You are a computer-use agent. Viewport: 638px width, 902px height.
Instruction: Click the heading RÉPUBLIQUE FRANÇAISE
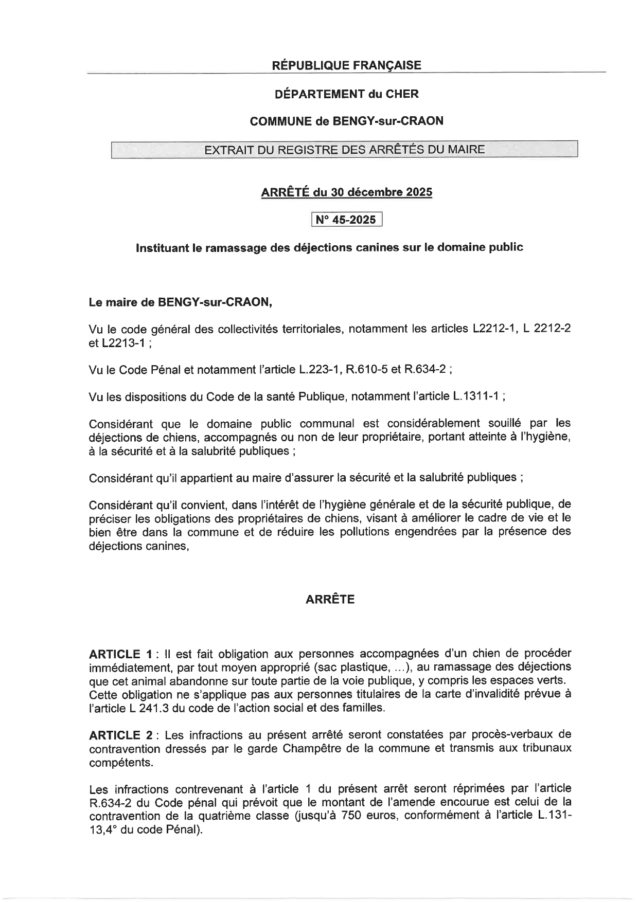click(x=346, y=65)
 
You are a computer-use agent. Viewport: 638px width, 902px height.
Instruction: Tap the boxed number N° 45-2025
click(x=346, y=220)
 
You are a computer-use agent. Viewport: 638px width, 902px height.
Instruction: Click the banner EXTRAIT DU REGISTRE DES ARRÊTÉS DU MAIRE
click(x=344, y=150)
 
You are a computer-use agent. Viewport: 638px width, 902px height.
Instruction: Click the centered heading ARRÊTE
click(x=330, y=600)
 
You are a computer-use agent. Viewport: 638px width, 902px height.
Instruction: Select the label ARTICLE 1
click(x=120, y=654)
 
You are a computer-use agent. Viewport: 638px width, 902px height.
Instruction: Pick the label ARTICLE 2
click(x=120, y=735)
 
